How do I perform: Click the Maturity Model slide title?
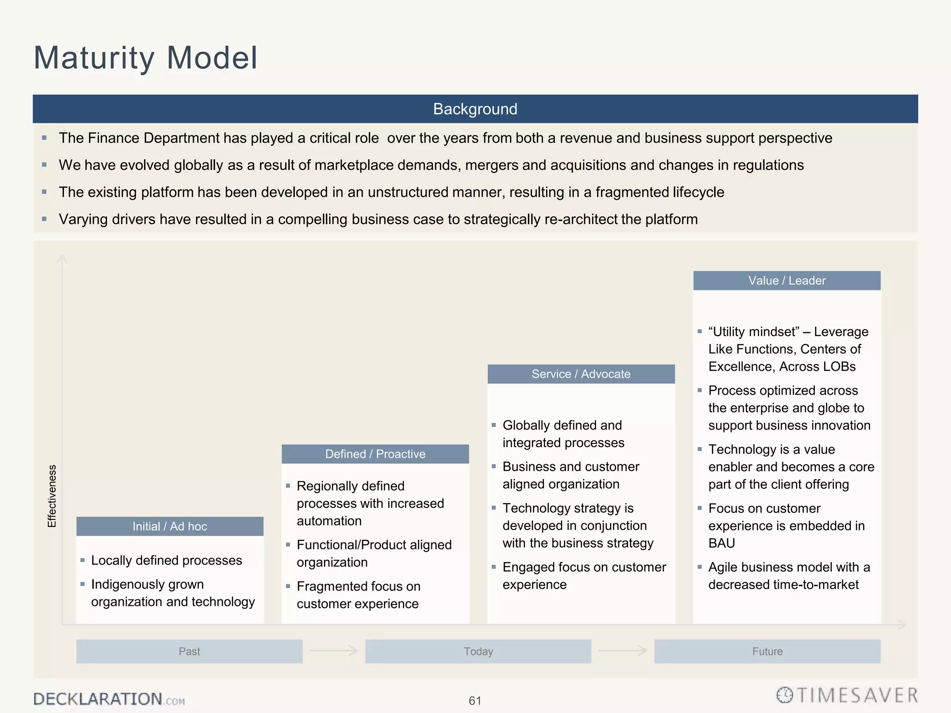click(x=145, y=58)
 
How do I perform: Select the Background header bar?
click(x=475, y=109)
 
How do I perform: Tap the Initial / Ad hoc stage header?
click(x=170, y=526)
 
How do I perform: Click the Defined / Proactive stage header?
click(x=375, y=454)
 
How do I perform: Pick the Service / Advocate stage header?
click(x=581, y=374)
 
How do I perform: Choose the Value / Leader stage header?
click(x=787, y=281)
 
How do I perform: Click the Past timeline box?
click(x=189, y=651)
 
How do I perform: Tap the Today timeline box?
click(x=478, y=651)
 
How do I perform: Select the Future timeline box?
click(x=767, y=651)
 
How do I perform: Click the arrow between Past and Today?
click(x=334, y=651)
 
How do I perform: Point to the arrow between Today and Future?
click(x=623, y=651)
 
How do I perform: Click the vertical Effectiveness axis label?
click(x=52, y=496)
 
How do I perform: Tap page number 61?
click(x=475, y=700)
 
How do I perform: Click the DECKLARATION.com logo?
click(x=109, y=699)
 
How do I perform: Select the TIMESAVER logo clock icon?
click(x=785, y=695)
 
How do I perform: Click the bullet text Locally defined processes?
click(x=166, y=560)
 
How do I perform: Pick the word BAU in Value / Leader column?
click(x=722, y=543)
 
